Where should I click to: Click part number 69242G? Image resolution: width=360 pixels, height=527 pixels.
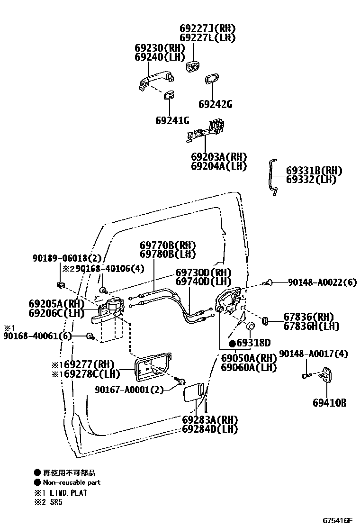(x=215, y=104)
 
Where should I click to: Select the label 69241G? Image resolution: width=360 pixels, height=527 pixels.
(x=172, y=121)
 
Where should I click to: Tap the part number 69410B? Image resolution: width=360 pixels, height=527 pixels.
(x=329, y=403)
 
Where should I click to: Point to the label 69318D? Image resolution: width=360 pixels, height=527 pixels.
(x=253, y=343)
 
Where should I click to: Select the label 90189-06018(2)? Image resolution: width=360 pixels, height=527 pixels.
(x=67, y=258)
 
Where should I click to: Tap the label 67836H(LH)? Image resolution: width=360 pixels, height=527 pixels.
(x=311, y=326)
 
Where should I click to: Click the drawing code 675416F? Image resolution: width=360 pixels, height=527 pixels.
(x=338, y=520)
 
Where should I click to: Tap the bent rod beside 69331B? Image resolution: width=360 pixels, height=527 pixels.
(x=272, y=176)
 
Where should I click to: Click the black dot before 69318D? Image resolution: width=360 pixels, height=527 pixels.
(x=232, y=343)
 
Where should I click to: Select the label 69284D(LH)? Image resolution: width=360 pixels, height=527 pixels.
(x=210, y=429)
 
